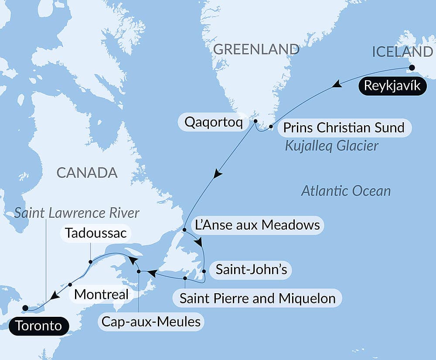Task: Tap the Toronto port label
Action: [39, 326]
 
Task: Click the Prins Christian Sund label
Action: [344, 128]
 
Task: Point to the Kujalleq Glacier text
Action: [331, 146]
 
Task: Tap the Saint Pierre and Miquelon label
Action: [258, 298]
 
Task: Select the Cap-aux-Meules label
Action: [151, 322]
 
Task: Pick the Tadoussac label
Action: [95, 233]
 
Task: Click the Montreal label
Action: [102, 294]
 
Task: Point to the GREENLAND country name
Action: [256, 50]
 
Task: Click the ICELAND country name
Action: [402, 52]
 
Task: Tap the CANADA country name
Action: [87, 173]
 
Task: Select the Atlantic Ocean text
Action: [346, 191]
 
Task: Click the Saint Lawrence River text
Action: [77, 213]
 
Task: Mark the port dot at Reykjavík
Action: [410, 68]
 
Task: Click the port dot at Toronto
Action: [25, 308]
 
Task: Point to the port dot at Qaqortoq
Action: [255, 121]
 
